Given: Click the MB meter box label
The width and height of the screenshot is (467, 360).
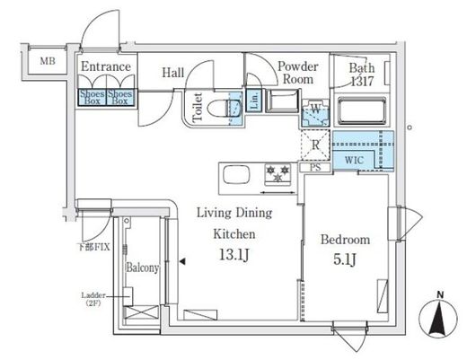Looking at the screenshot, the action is [48, 61].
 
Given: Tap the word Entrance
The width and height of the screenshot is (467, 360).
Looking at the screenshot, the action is [106, 66].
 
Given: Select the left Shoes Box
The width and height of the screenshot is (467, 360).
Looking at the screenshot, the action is [93, 97].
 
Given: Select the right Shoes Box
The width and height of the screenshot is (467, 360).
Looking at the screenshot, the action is [120, 97].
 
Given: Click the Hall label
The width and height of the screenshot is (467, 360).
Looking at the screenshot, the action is [173, 73].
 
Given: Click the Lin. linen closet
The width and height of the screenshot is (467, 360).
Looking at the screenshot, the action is [254, 101].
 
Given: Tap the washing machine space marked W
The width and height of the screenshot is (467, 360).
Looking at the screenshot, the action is [315, 113].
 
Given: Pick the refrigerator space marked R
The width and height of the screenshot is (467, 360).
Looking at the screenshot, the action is [315, 145].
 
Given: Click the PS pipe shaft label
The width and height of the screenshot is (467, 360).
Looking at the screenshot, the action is [315, 167].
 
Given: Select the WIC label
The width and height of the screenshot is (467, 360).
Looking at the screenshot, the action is [354, 160].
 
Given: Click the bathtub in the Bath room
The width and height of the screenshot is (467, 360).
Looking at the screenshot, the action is [361, 110].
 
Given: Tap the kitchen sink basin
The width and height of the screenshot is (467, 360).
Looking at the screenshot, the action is [236, 175].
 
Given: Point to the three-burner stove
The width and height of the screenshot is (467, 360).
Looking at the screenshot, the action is [278, 174].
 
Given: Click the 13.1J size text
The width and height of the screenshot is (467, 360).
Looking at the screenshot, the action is [234, 255].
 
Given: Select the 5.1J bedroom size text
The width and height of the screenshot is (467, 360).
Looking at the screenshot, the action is [345, 259].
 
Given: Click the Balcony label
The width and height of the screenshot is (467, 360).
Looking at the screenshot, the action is [142, 268].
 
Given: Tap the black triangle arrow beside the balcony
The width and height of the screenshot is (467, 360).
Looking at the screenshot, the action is [182, 261].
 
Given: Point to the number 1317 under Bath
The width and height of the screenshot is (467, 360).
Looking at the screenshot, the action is [362, 82].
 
